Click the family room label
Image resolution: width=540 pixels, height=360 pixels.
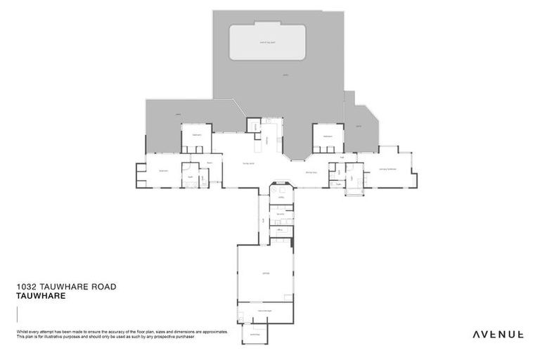(248, 163)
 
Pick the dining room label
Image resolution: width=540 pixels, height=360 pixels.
(311, 172)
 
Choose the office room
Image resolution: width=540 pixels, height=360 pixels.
(280, 231)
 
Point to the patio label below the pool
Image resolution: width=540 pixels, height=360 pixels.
(285, 74)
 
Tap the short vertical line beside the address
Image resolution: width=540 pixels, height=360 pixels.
(15, 314)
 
